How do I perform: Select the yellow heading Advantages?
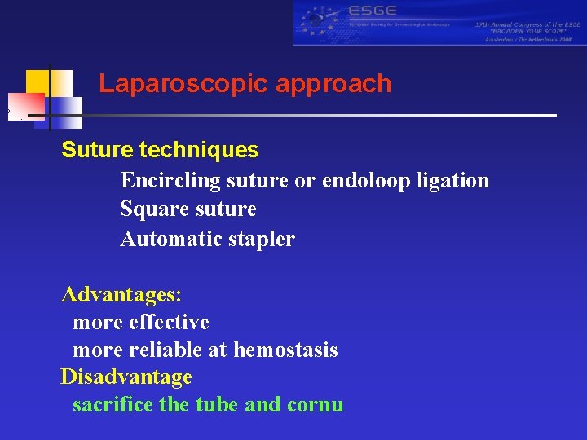[x=121, y=294]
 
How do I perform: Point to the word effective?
[x=169, y=323]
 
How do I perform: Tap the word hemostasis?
[x=285, y=350]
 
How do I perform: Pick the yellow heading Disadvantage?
[x=126, y=377]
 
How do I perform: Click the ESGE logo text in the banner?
[x=372, y=11]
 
